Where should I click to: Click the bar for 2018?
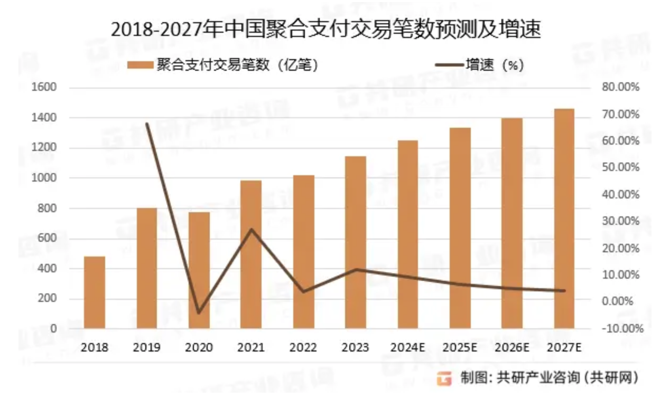(95, 292)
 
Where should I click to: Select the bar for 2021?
(251, 254)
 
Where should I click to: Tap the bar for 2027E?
(565, 218)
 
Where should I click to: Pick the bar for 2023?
(356, 242)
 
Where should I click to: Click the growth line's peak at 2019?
(147, 124)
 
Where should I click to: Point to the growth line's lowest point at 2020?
(199, 313)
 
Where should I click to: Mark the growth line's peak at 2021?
(251, 229)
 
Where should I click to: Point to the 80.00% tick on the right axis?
(620, 87)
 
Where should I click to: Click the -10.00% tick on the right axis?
(620, 328)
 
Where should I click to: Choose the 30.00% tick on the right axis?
(620, 221)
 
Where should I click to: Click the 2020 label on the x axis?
(199, 347)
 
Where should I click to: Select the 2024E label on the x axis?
(407, 347)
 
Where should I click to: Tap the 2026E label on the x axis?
(512, 347)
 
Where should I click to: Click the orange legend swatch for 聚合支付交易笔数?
(139, 65)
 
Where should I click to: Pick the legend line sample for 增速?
(448, 65)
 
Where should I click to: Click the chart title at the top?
(326, 30)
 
